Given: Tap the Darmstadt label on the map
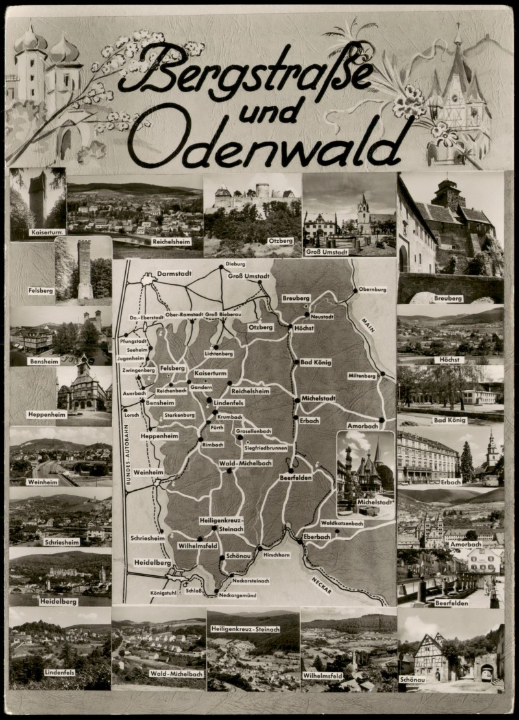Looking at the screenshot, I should [x=175, y=274].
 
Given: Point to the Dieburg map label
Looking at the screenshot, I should [x=236, y=264].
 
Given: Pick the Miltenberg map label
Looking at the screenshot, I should [x=362, y=376].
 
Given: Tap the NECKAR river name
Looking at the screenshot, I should [x=321, y=584].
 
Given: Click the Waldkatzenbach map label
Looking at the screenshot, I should [x=342, y=523].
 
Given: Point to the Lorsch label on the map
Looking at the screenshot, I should [x=132, y=414].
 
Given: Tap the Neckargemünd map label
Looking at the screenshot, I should [x=238, y=595].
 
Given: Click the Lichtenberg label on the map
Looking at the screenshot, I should [x=218, y=353].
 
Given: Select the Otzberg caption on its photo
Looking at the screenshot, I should [x=281, y=241].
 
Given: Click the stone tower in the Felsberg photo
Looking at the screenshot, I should [x=85, y=269].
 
